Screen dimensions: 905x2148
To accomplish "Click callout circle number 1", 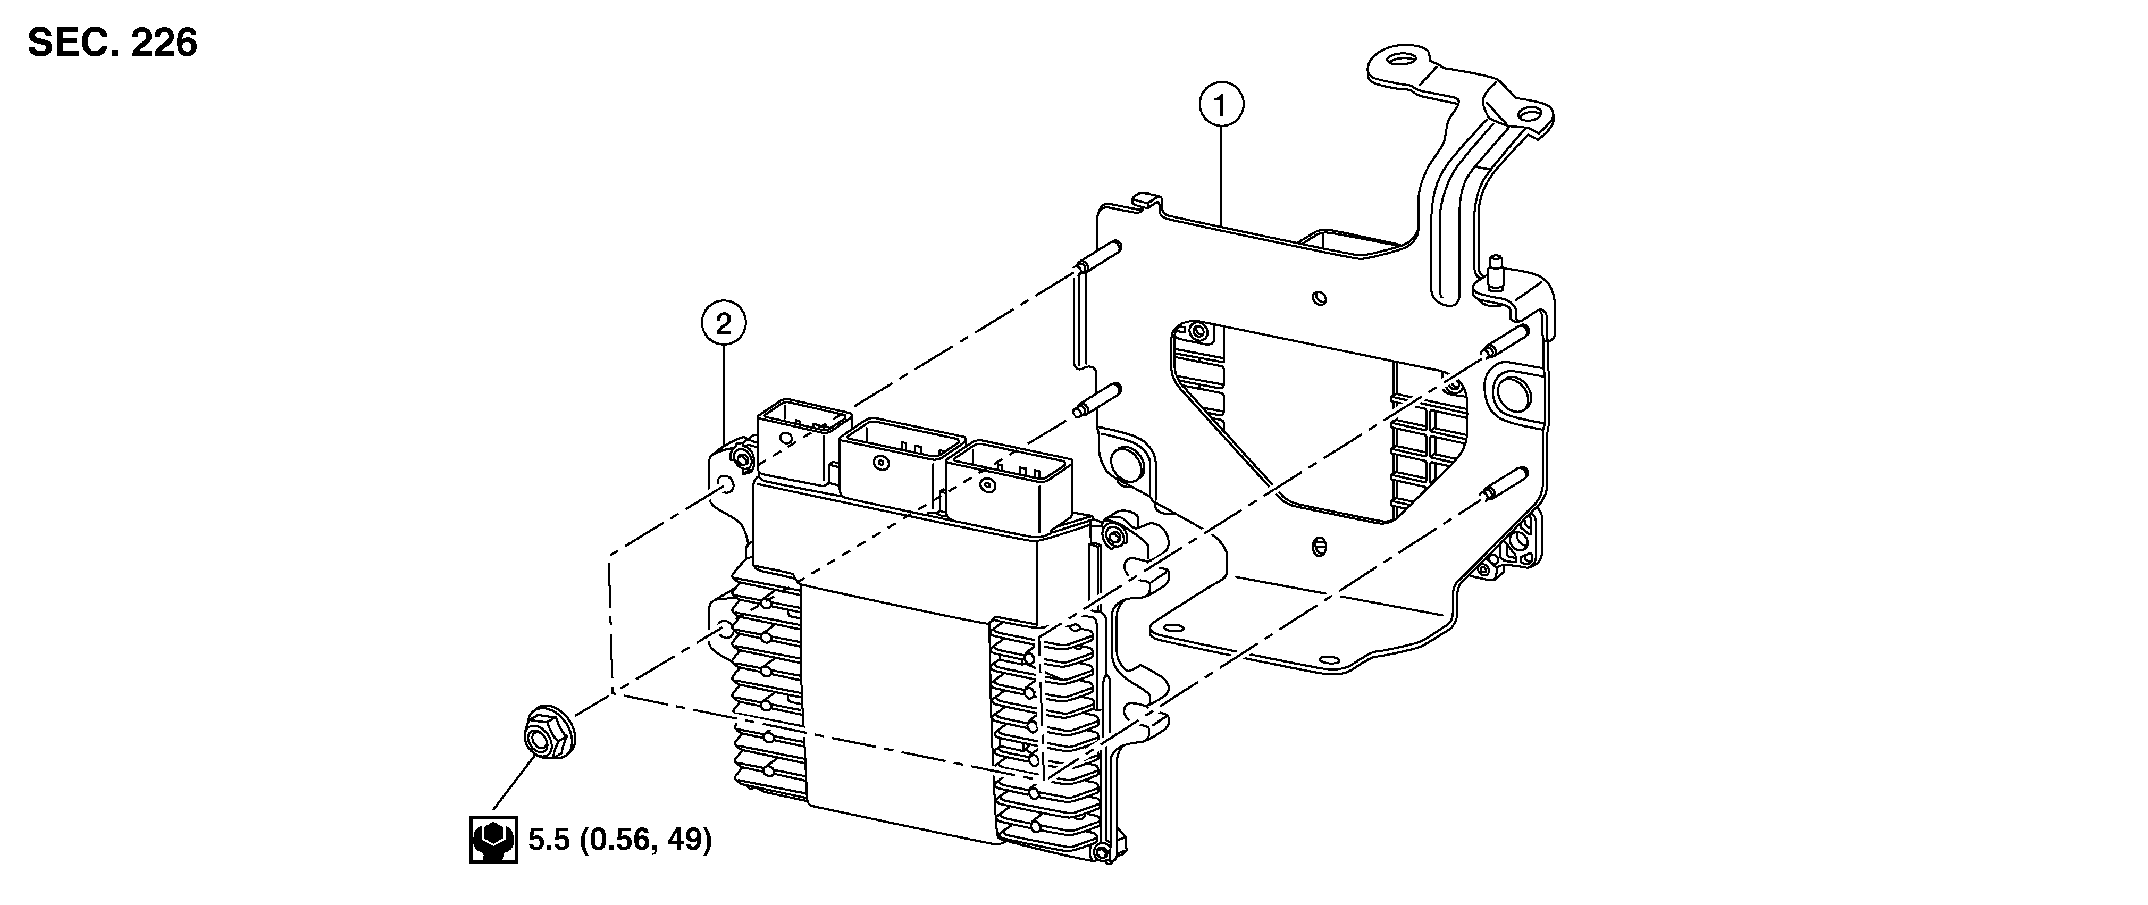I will (1221, 107).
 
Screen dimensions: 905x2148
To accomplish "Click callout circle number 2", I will (723, 324).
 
